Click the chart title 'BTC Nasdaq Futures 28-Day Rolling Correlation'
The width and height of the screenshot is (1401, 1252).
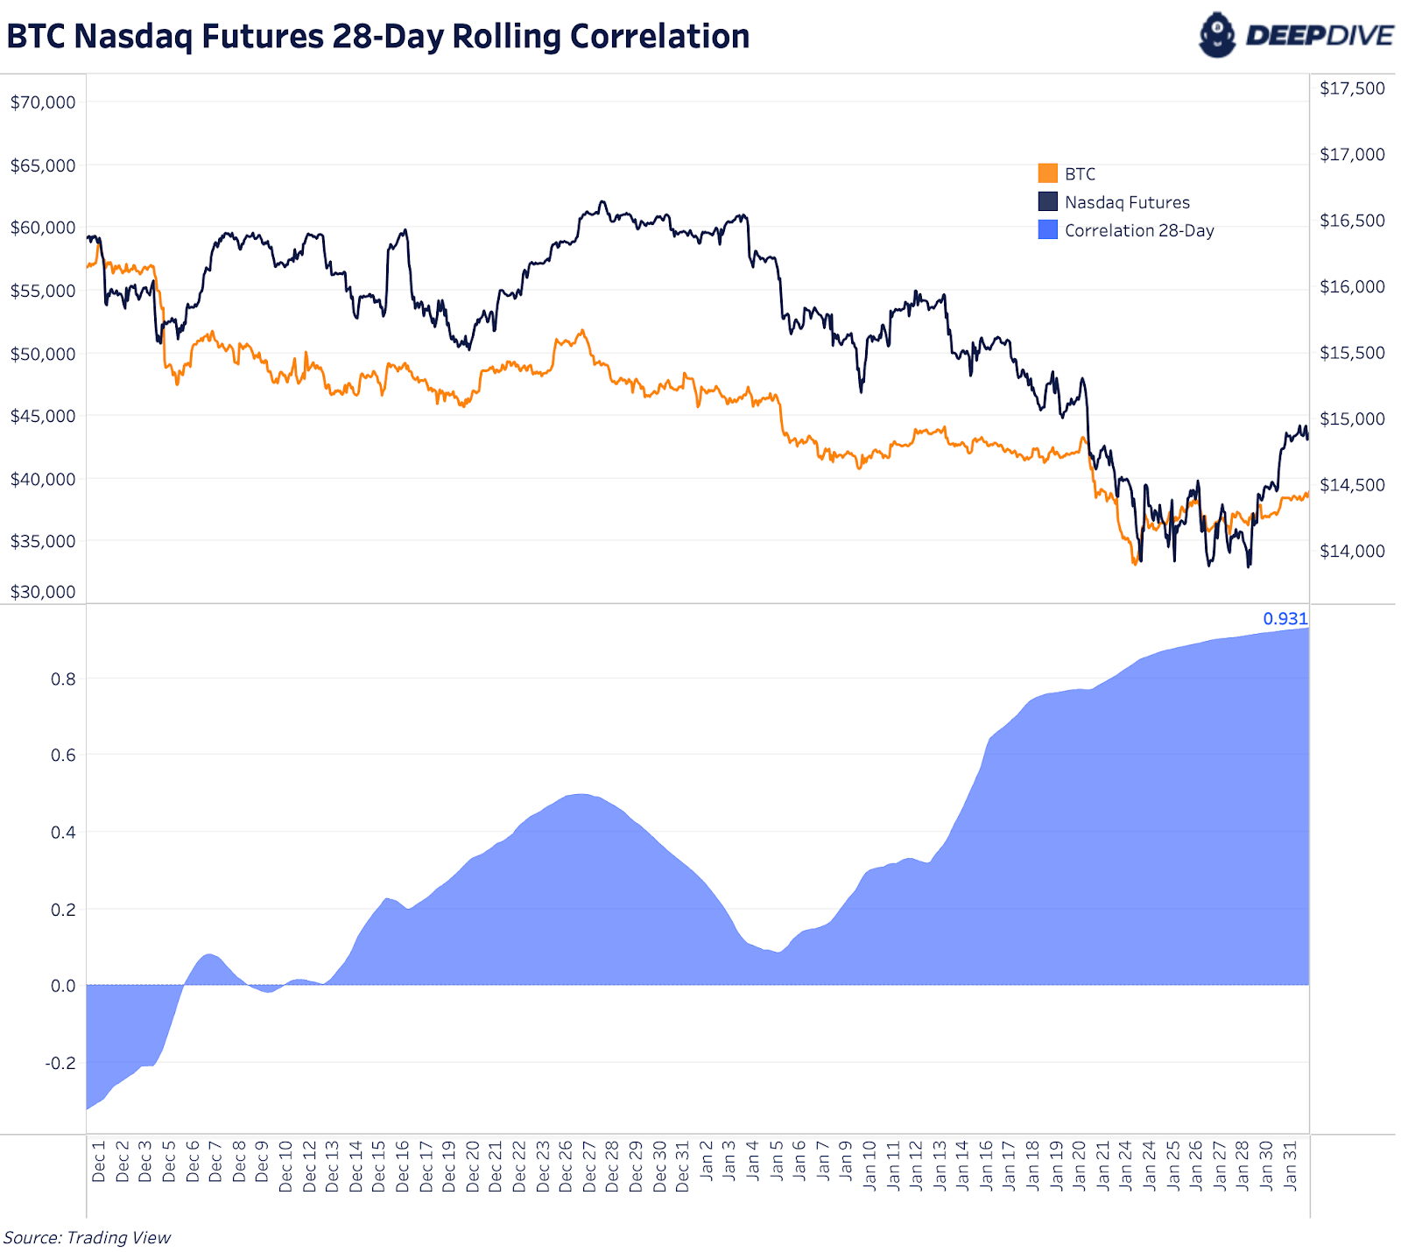coord(377,37)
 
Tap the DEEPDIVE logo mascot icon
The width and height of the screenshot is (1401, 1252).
coord(1217,35)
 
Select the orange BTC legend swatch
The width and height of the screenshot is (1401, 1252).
coord(1047,173)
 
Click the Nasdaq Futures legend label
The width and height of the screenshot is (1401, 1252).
coord(1127,202)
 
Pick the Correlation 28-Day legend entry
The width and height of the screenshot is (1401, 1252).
coord(1138,230)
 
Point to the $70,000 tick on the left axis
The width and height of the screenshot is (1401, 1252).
coord(43,102)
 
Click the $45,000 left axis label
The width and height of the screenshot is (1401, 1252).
coord(43,416)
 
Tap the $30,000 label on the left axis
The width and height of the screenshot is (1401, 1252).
coord(43,592)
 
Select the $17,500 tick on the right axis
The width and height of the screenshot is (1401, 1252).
coord(1352,88)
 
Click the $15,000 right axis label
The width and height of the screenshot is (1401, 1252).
coord(1352,419)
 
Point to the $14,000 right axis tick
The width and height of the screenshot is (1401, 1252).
coord(1352,551)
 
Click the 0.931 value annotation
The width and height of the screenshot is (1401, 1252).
coord(1285,618)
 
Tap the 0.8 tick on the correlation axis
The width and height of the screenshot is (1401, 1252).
coord(63,679)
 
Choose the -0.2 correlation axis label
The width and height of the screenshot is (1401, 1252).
coord(60,1063)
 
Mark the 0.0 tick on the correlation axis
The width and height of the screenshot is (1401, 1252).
coord(63,986)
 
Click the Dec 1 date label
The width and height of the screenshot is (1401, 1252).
coord(98,1161)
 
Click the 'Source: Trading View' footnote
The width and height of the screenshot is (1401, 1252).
coord(88,1237)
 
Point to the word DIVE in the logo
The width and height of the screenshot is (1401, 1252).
coord(1356,36)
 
